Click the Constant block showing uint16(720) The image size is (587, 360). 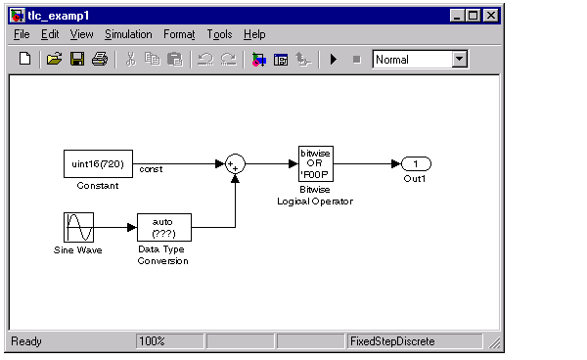(98, 164)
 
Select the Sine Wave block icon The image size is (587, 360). (78, 228)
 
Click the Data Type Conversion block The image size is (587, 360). (164, 228)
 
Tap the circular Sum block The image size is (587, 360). (235, 164)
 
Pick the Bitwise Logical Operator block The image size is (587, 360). (316, 164)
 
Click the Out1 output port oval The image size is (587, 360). (416, 164)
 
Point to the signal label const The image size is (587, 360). (151, 169)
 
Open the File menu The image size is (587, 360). (22, 34)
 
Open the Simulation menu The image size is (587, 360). (128, 34)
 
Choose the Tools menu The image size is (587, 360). (219, 34)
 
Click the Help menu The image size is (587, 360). (254, 34)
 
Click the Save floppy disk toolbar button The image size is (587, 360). (77, 59)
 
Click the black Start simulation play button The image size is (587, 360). (334, 59)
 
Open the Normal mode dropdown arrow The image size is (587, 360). (460, 59)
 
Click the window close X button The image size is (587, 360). (490, 16)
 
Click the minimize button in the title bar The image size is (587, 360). (457, 16)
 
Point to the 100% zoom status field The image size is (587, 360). (170, 341)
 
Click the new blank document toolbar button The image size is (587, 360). (25, 59)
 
